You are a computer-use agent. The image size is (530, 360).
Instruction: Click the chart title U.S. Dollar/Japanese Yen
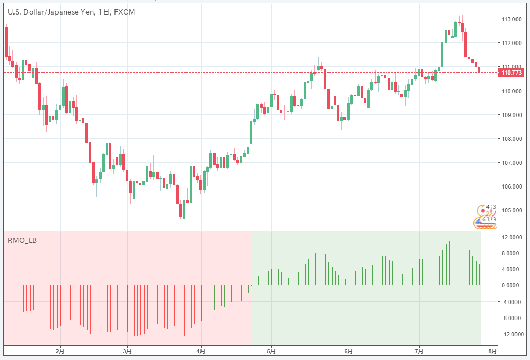[x=50, y=12]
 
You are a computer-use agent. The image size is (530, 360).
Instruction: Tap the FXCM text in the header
[x=124, y=12]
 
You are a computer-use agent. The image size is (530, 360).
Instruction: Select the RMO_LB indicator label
[x=22, y=240]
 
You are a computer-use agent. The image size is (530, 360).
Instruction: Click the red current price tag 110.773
[x=512, y=73]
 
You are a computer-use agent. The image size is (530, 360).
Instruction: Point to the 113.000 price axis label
[x=511, y=19]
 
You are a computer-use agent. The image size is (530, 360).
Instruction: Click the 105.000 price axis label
[x=511, y=210]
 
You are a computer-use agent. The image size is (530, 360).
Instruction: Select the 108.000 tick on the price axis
[x=511, y=139]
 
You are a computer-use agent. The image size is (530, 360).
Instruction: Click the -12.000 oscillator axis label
[x=511, y=334]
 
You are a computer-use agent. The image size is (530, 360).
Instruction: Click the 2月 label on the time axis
[x=60, y=351]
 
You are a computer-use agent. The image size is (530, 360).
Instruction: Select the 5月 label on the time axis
[x=271, y=351]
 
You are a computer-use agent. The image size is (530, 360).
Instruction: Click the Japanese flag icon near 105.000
[x=484, y=211]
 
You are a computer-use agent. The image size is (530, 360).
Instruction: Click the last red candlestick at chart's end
[x=479, y=69]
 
